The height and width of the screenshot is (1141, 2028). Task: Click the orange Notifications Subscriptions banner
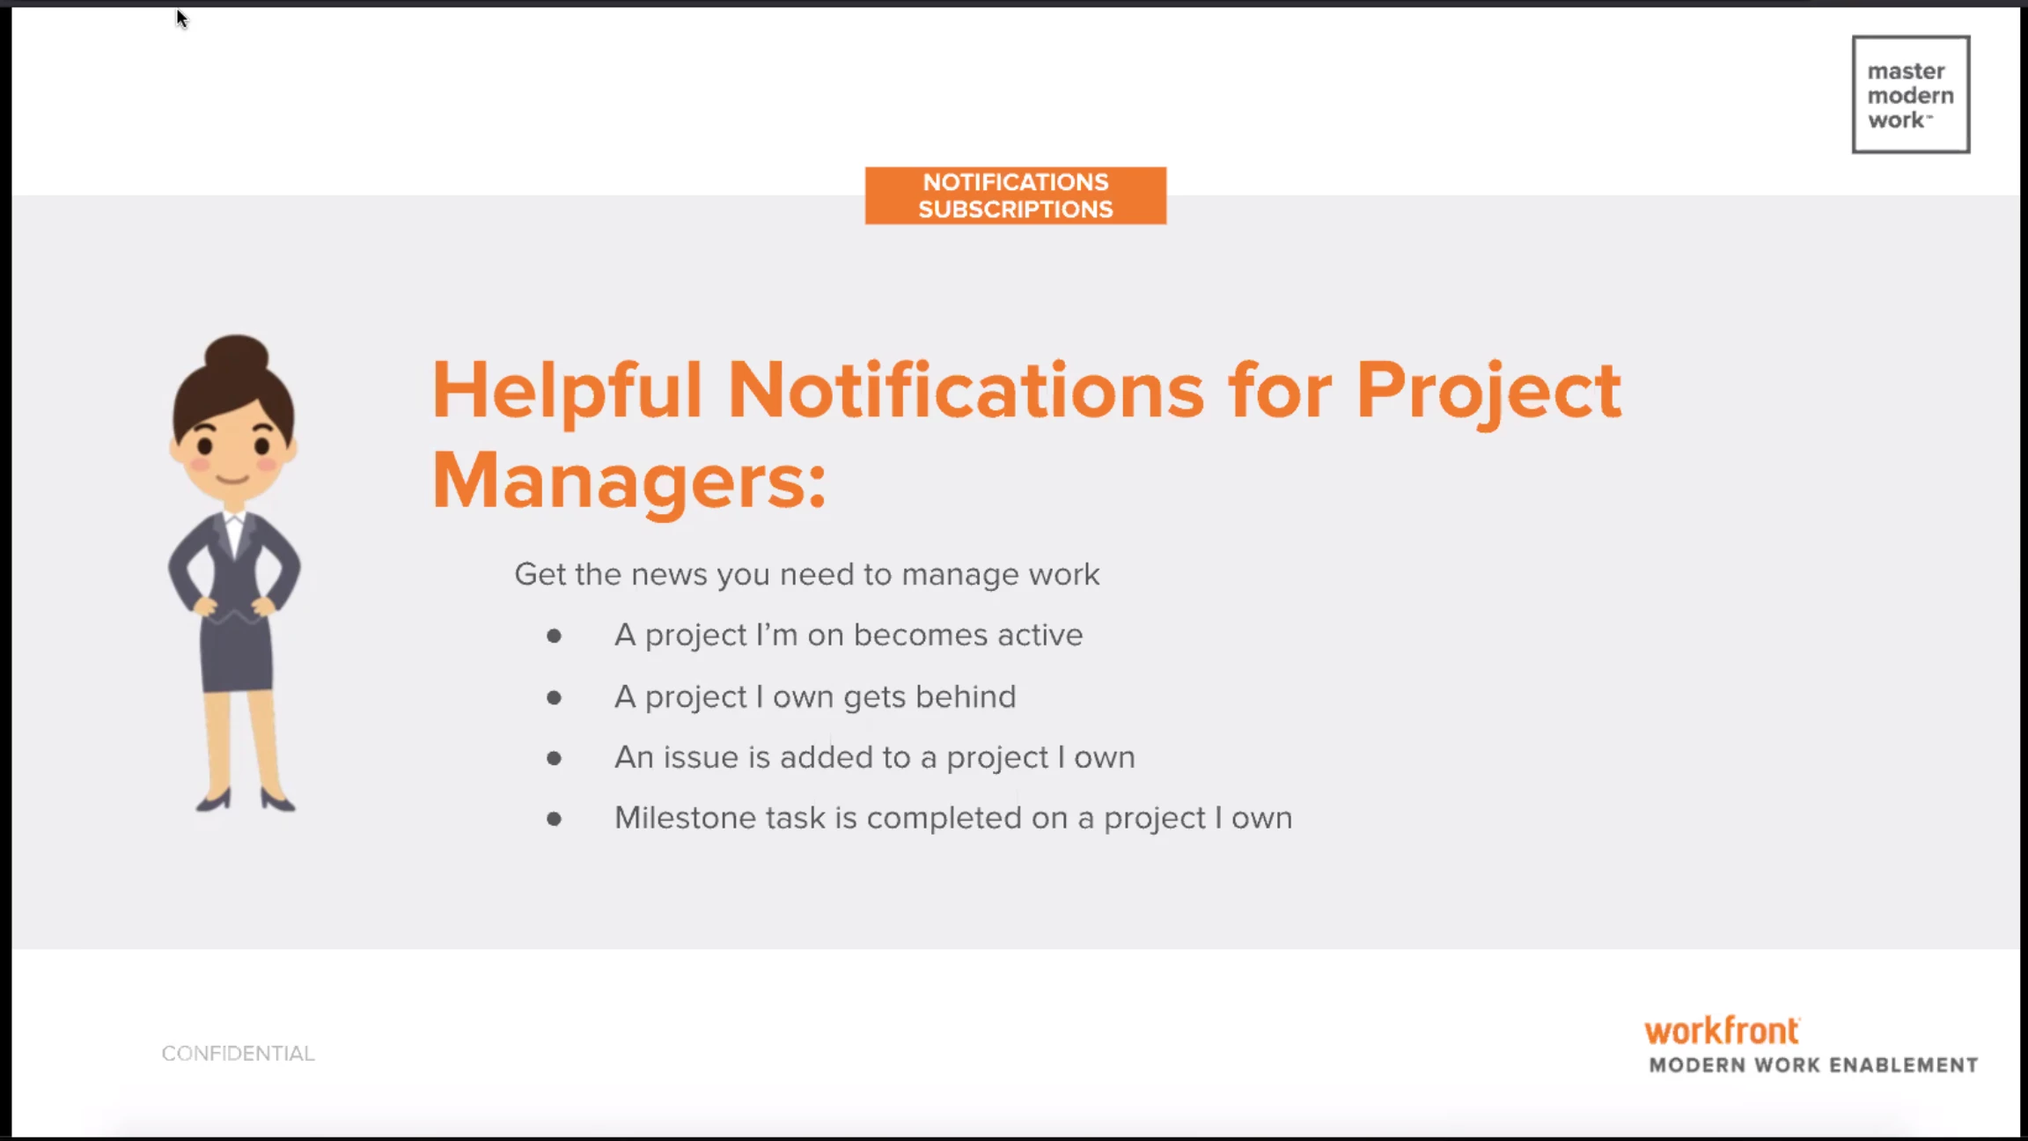[x=1016, y=195]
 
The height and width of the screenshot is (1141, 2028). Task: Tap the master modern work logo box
[x=1911, y=94]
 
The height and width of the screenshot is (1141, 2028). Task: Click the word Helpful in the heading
[x=567, y=391]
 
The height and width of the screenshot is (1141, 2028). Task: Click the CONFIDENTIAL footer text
[x=238, y=1053]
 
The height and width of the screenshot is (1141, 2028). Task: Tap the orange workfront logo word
[x=1723, y=1030]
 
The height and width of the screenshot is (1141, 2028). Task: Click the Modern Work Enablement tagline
[x=1813, y=1065]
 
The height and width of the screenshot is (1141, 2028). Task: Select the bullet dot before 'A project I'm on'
[x=554, y=636]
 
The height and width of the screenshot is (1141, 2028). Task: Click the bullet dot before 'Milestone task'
[x=554, y=819]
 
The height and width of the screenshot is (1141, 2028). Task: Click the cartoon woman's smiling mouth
[x=233, y=479]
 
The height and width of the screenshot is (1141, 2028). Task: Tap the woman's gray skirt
[x=236, y=652]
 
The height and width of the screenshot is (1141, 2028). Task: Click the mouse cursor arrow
[x=181, y=18]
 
